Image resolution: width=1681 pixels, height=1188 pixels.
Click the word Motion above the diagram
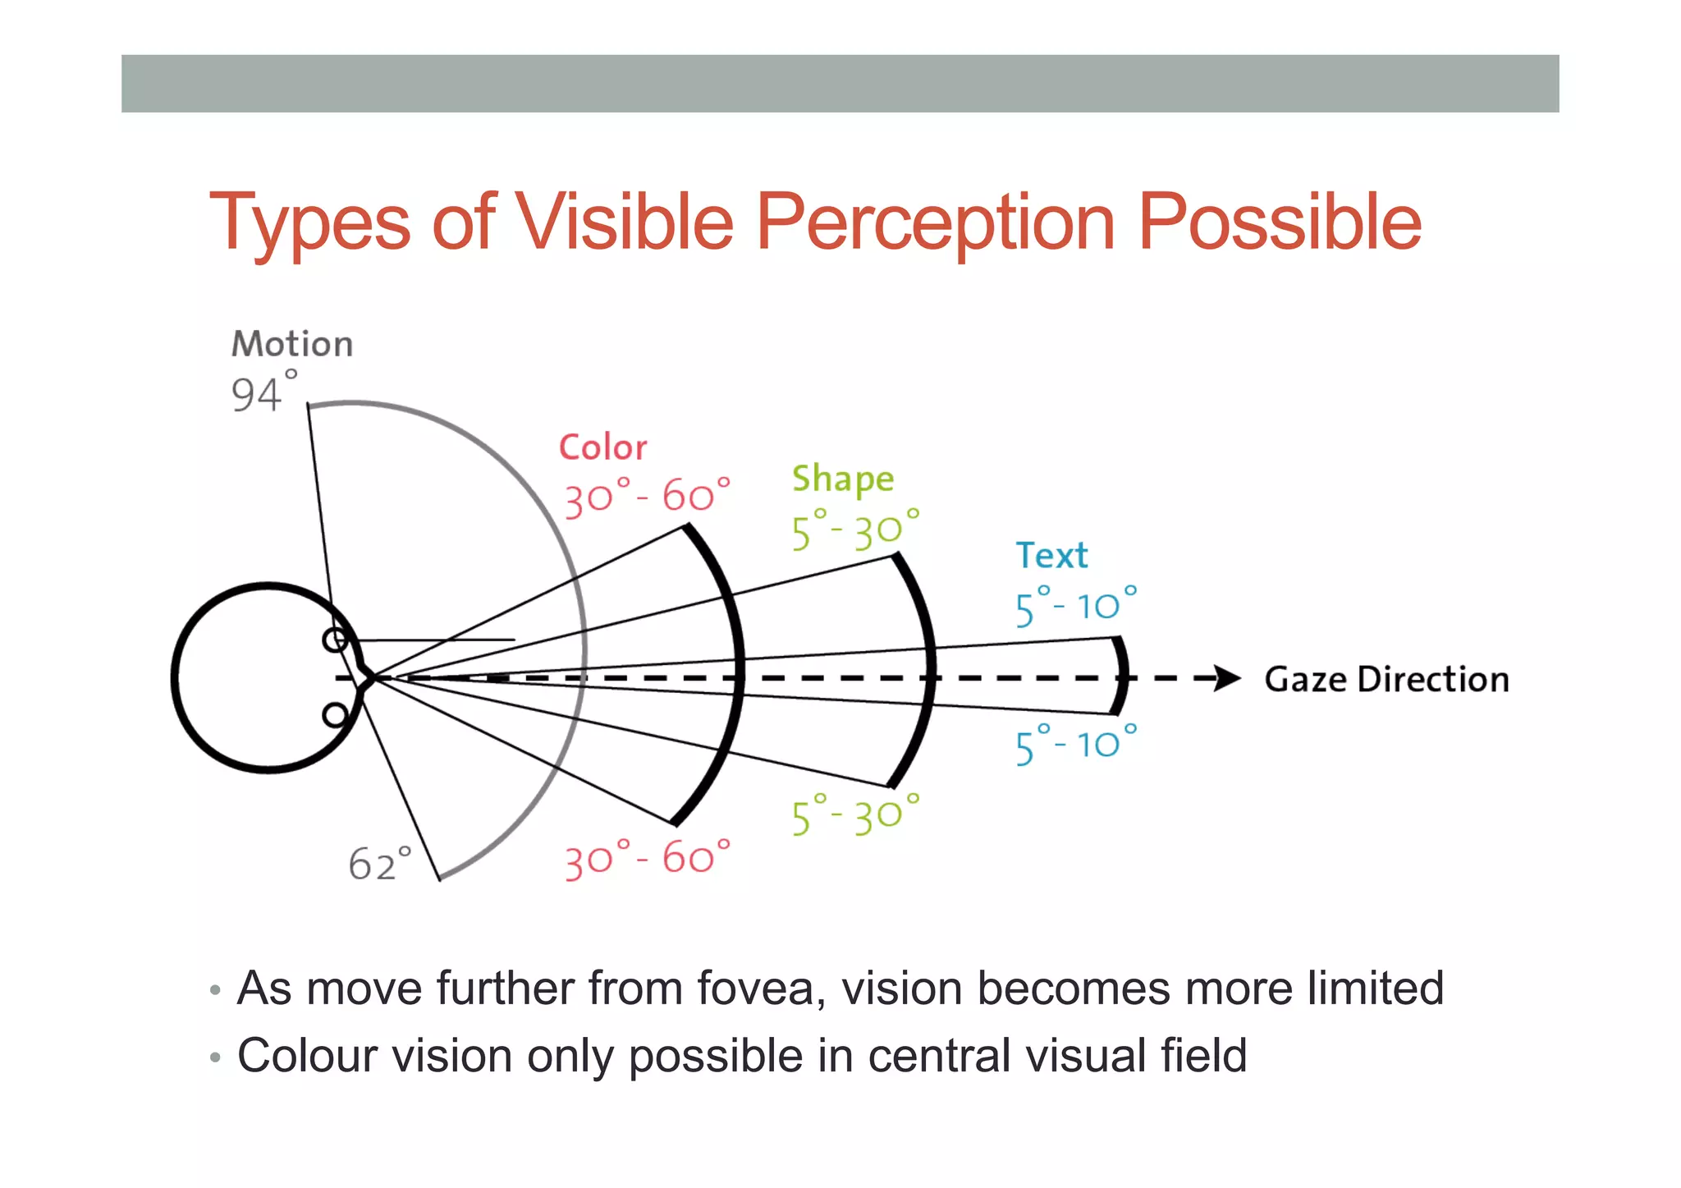point(292,344)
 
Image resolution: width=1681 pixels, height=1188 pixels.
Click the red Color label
point(602,447)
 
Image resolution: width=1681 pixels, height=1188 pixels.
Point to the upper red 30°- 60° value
point(647,497)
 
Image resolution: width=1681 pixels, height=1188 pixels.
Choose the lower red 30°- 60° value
point(647,859)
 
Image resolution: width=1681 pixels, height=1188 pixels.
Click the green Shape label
point(843,479)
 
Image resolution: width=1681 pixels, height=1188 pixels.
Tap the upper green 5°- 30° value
point(855,530)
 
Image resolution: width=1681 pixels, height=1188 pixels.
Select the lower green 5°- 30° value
point(855,815)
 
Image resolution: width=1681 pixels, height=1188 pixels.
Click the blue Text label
point(1051,556)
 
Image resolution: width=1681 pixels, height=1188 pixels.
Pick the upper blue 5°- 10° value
point(1076,607)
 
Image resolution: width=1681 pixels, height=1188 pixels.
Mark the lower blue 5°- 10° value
point(1076,745)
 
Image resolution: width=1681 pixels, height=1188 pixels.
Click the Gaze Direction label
point(1386,680)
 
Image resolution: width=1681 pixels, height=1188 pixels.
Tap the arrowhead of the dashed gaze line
point(1227,678)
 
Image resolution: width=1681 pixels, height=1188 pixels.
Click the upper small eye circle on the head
point(334,640)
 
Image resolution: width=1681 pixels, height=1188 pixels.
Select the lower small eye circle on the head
point(334,715)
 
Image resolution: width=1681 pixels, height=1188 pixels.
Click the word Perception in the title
point(935,222)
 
